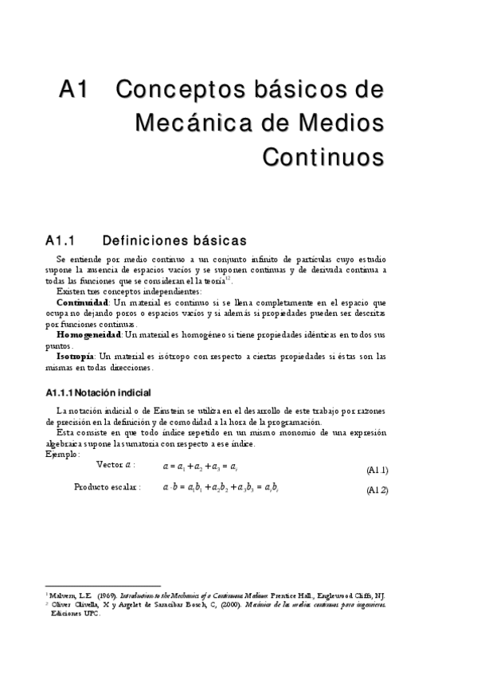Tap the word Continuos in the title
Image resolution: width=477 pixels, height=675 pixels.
point(323,155)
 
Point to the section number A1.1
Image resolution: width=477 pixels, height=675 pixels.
point(60,240)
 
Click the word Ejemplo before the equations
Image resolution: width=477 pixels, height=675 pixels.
point(61,454)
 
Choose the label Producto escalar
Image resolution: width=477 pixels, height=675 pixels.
point(107,486)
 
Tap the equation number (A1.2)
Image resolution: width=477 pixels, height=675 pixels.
point(377,490)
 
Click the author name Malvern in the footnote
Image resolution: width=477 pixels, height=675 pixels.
point(62,595)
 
